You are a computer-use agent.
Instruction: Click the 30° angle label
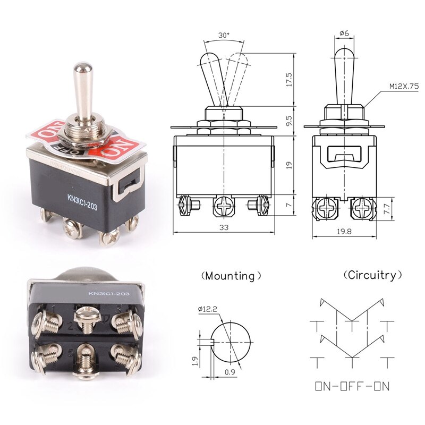tap(224, 35)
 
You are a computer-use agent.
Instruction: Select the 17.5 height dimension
tap(289, 80)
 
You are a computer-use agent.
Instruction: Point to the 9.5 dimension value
tap(289, 120)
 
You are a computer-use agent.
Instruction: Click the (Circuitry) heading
tap(372, 275)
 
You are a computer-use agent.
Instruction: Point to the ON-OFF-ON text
tap(352, 386)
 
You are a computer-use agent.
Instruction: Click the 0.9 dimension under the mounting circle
tap(229, 371)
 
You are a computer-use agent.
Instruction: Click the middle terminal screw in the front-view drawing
tap(223, 206)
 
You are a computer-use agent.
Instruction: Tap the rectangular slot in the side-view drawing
tap(344, 155)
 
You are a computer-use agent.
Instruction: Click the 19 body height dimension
tap(289, 165)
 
